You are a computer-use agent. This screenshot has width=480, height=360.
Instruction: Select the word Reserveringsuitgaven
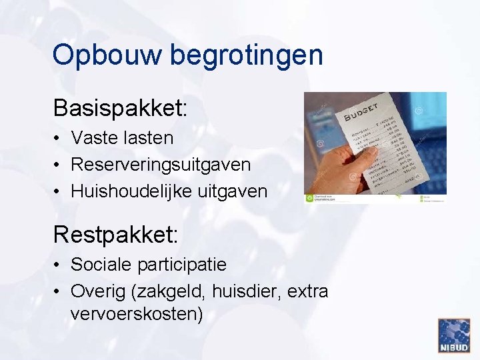161,164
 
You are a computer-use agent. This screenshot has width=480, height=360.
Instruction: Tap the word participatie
182,265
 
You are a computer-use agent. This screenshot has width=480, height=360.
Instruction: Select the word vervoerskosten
136,313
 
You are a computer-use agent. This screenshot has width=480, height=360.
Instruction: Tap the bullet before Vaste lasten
59,139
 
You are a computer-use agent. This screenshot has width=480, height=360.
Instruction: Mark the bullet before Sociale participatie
59,265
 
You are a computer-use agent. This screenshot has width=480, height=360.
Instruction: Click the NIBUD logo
453,335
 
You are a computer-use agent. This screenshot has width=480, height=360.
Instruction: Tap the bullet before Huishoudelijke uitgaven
59,192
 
